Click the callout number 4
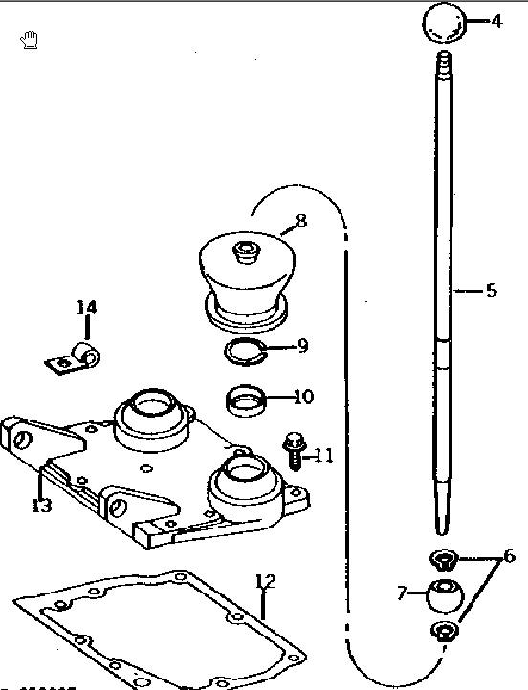(496, 21)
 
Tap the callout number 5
(492, 291)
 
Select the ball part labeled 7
(445, 595)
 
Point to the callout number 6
(509, 556)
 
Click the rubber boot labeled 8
(247, 282)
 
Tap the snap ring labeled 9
(245, 353)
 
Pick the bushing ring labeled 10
(246, 400)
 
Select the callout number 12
(266, 582)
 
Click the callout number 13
(42, 506)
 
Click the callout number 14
(86, 307)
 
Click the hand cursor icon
(30, 39)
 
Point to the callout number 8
(301, 221)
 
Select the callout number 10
(303, 397)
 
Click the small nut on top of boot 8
(246, 250)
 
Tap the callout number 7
(402, 593)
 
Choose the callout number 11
(323, 456)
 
